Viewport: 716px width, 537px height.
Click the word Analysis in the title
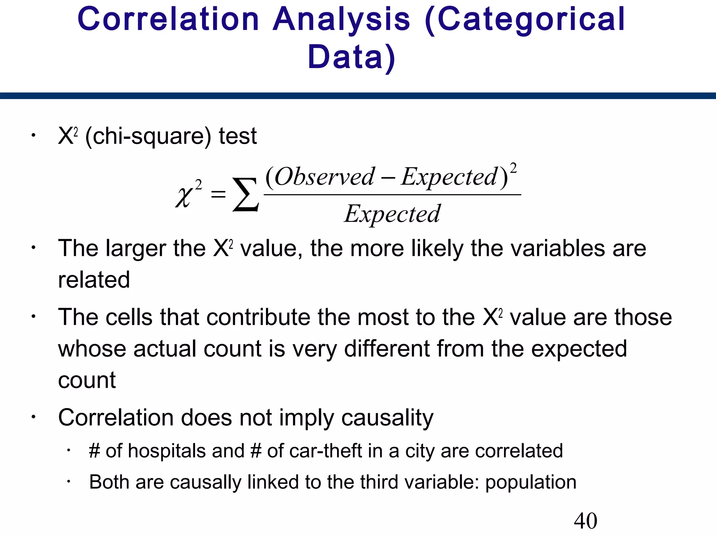point(341,20)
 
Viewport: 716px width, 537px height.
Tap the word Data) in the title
point(351,57)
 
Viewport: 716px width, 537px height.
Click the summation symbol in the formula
point(246,195)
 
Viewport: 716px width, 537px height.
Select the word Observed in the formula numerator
point(325,177)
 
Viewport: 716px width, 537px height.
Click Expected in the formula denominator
point(392,214)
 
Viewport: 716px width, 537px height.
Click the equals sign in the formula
point(219,194)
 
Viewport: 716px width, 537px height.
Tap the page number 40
point(585,521)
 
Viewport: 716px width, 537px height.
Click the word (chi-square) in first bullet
point(148,136)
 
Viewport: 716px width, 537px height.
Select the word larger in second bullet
point(136,249)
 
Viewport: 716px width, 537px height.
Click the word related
point(94,280)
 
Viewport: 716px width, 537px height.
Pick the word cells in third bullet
point(129,317)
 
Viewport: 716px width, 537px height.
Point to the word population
point(531,482)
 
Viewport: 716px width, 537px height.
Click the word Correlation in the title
point(168,20)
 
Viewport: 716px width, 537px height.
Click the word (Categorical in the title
point(524,20)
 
